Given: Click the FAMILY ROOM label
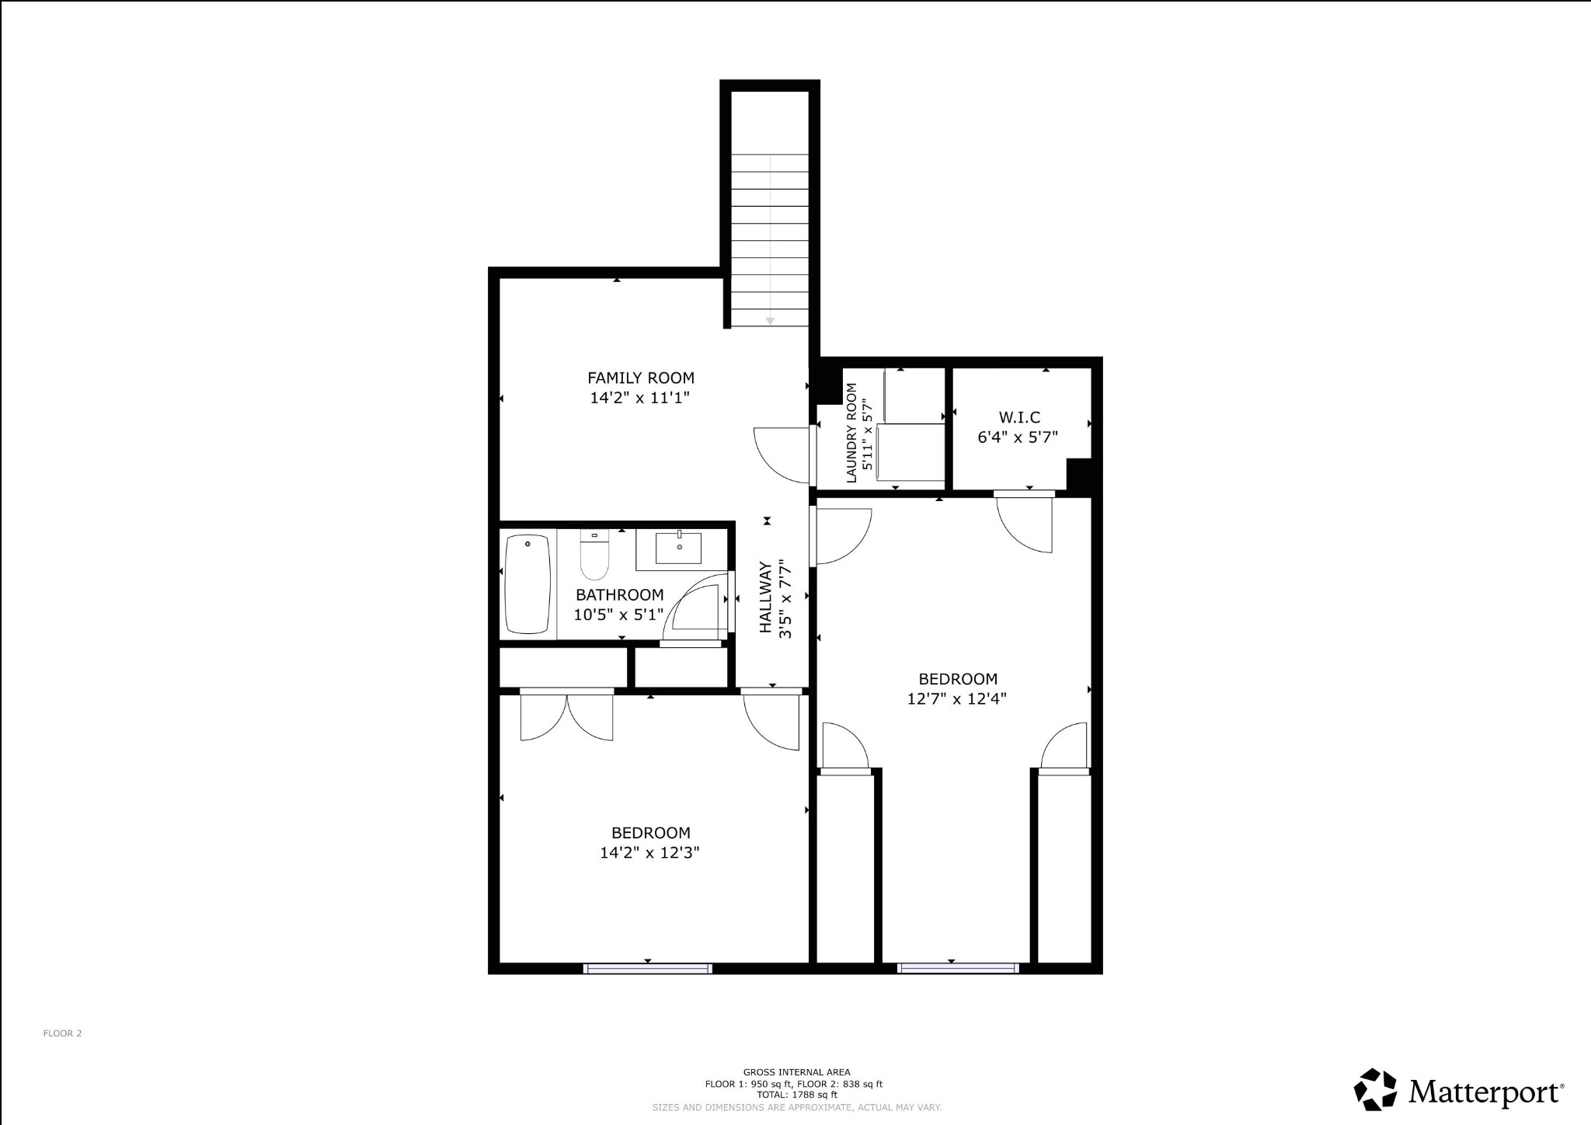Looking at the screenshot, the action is click(x=640, y=378).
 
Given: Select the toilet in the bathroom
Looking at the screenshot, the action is click(x=595, y=556).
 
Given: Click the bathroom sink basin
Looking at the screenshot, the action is click(x=679, y=547).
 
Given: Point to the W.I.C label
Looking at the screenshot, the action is click(x=1019, y=418).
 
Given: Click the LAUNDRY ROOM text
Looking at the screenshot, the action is click(x=851, y=434).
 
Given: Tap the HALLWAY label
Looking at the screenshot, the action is click(x=766, y=597).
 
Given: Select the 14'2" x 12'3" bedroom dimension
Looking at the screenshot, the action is click(x=649, y=852).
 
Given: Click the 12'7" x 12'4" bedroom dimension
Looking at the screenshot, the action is click(x=957, y=698).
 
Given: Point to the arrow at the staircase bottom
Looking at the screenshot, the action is click(x=770, y=320).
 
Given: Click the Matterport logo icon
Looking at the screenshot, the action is click(x=1376, y=1090).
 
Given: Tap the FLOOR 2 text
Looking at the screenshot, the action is click(x=62, y=1033).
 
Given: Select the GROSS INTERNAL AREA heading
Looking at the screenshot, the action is click(x=796, y=1072).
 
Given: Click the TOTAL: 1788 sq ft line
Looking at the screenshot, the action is click(x=796, y=1095).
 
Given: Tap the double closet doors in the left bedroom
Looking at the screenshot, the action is click(x=567, y=716).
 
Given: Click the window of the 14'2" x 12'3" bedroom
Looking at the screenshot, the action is click(x=647, y=968).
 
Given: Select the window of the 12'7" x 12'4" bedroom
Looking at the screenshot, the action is click(x=958, y=968).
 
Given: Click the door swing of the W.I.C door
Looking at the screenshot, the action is click(x=1025, y=525).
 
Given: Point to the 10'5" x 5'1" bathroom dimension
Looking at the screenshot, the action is click(x=619, y=615).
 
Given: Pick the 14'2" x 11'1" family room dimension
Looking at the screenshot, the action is click(x=640, y=399).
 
